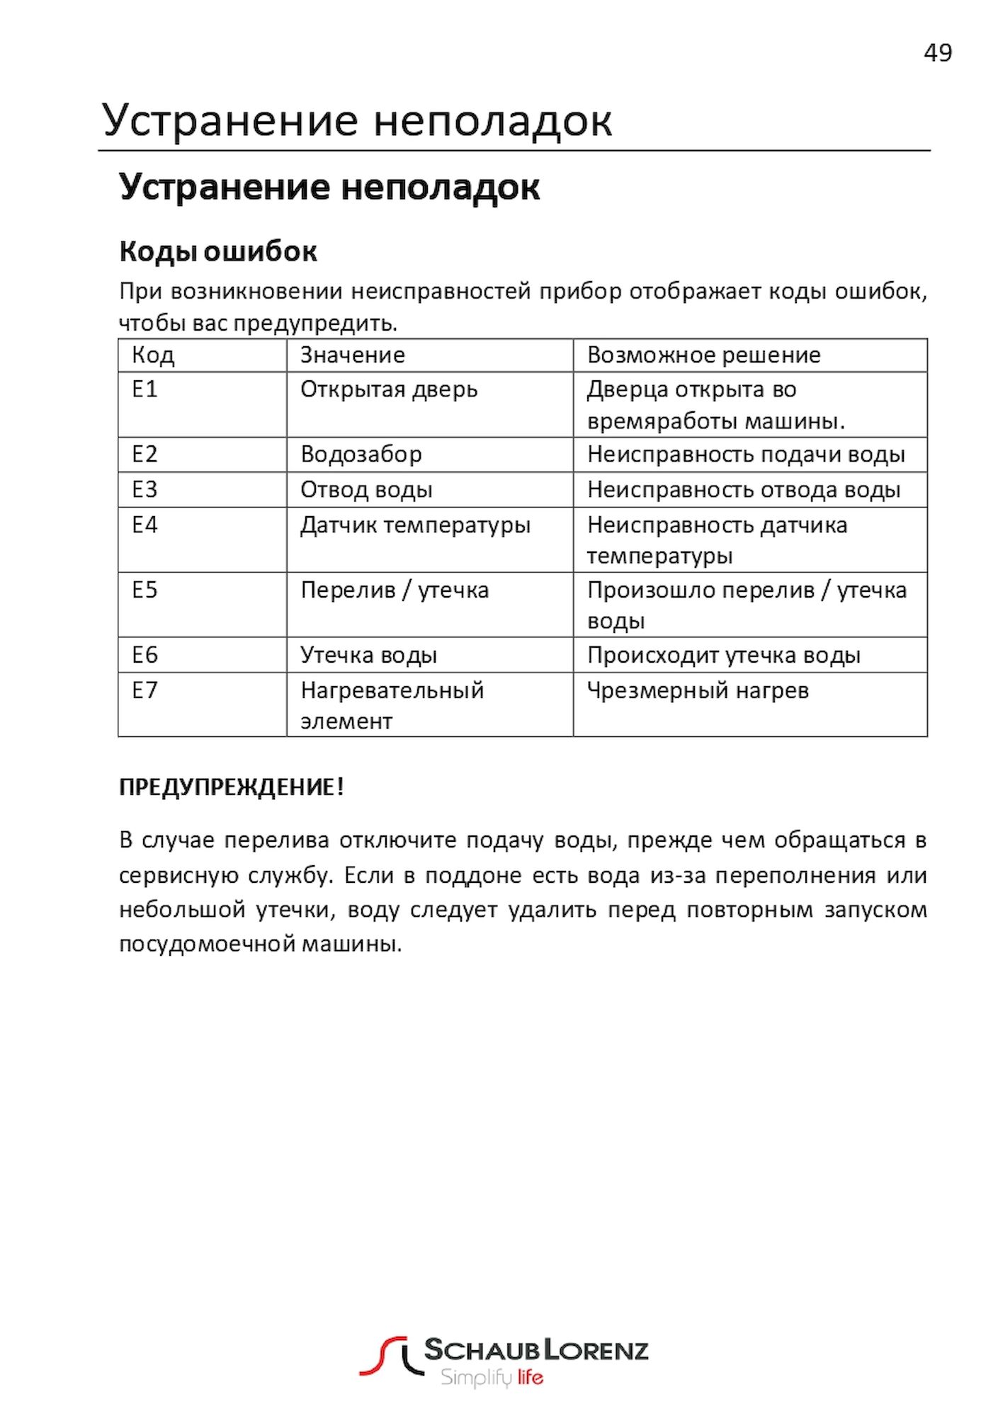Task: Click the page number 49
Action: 937,53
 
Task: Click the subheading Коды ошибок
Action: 217,251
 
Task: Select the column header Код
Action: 153,355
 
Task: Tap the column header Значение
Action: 352,355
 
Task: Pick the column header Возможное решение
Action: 703,355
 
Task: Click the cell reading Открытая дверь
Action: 389,389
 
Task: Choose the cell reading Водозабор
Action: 361,454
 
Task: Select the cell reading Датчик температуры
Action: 415,525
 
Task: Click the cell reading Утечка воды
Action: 368,655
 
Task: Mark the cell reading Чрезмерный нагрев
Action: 698,690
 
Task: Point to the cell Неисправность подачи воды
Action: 746,454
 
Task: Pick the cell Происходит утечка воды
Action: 723,655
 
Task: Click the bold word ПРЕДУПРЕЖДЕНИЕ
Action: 227,787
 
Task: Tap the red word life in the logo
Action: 530,1377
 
